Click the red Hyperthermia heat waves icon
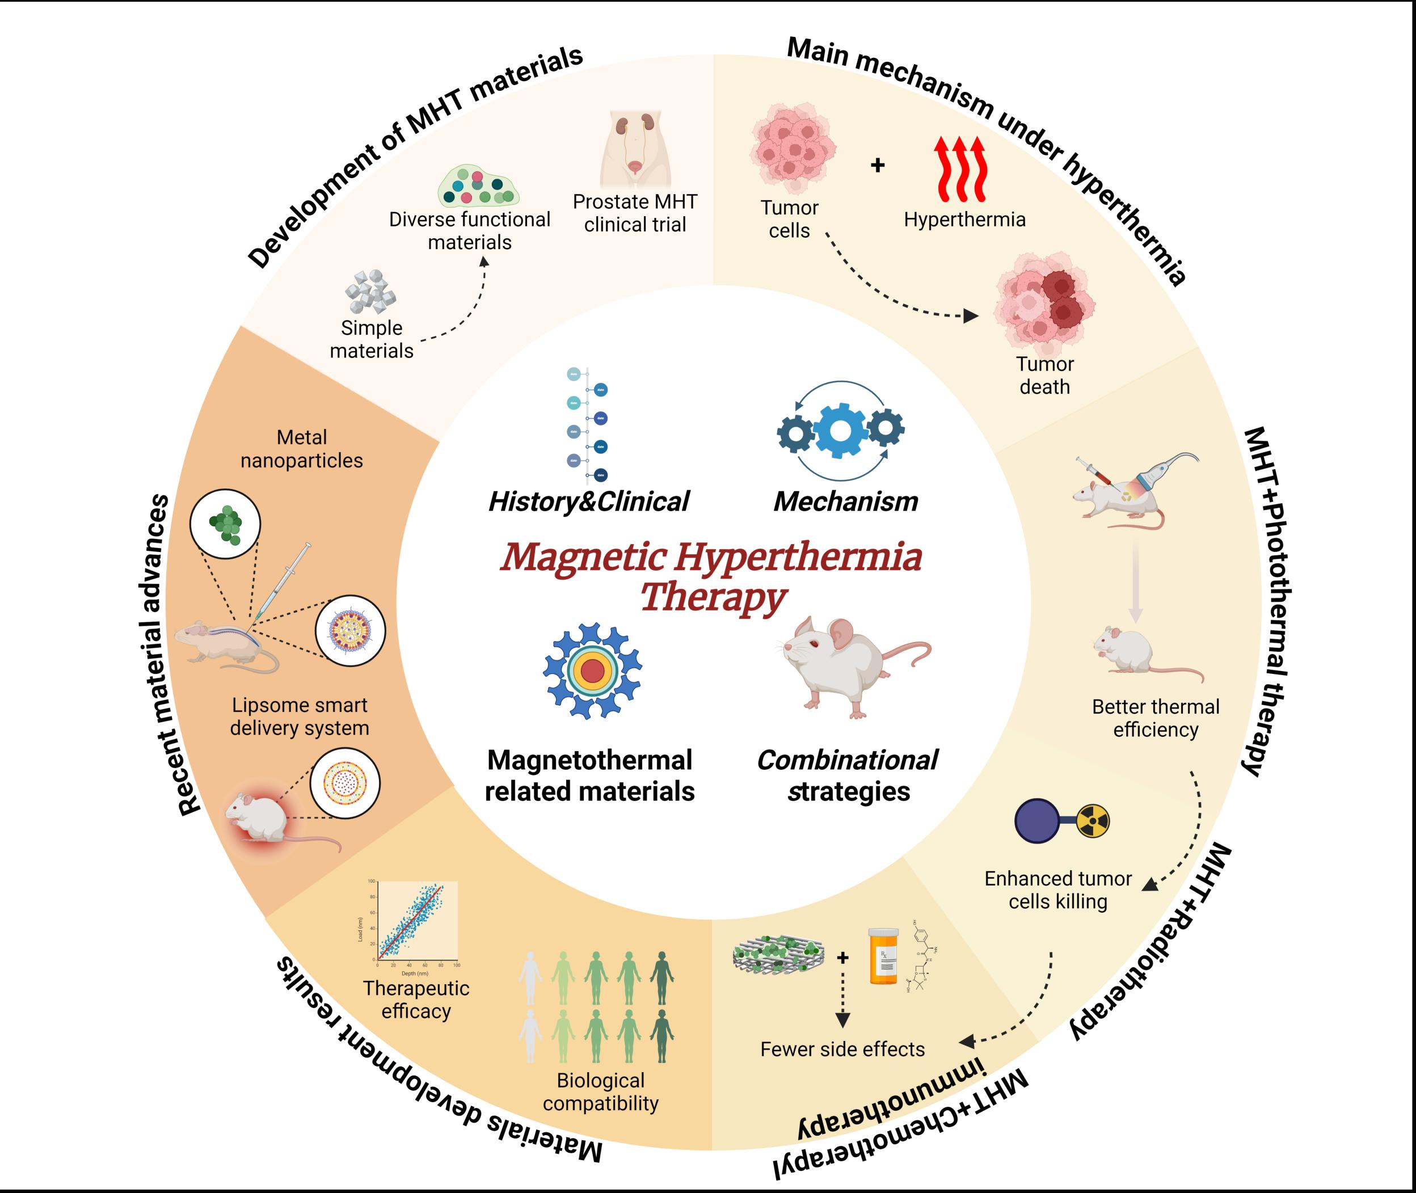coord(959,170)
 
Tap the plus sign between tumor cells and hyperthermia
coord(878,165)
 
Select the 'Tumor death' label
coord(1045,376)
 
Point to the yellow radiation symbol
coord(1092,821)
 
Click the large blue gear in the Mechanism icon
coord(840,429)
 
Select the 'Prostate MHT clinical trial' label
coord(635,213)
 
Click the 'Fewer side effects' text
coord(842,1049)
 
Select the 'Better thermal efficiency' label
coord(1156,718)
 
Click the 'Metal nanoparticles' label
coord(302,449)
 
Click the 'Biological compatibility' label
coord(600,1091)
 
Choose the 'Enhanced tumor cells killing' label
coord(1057,890)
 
